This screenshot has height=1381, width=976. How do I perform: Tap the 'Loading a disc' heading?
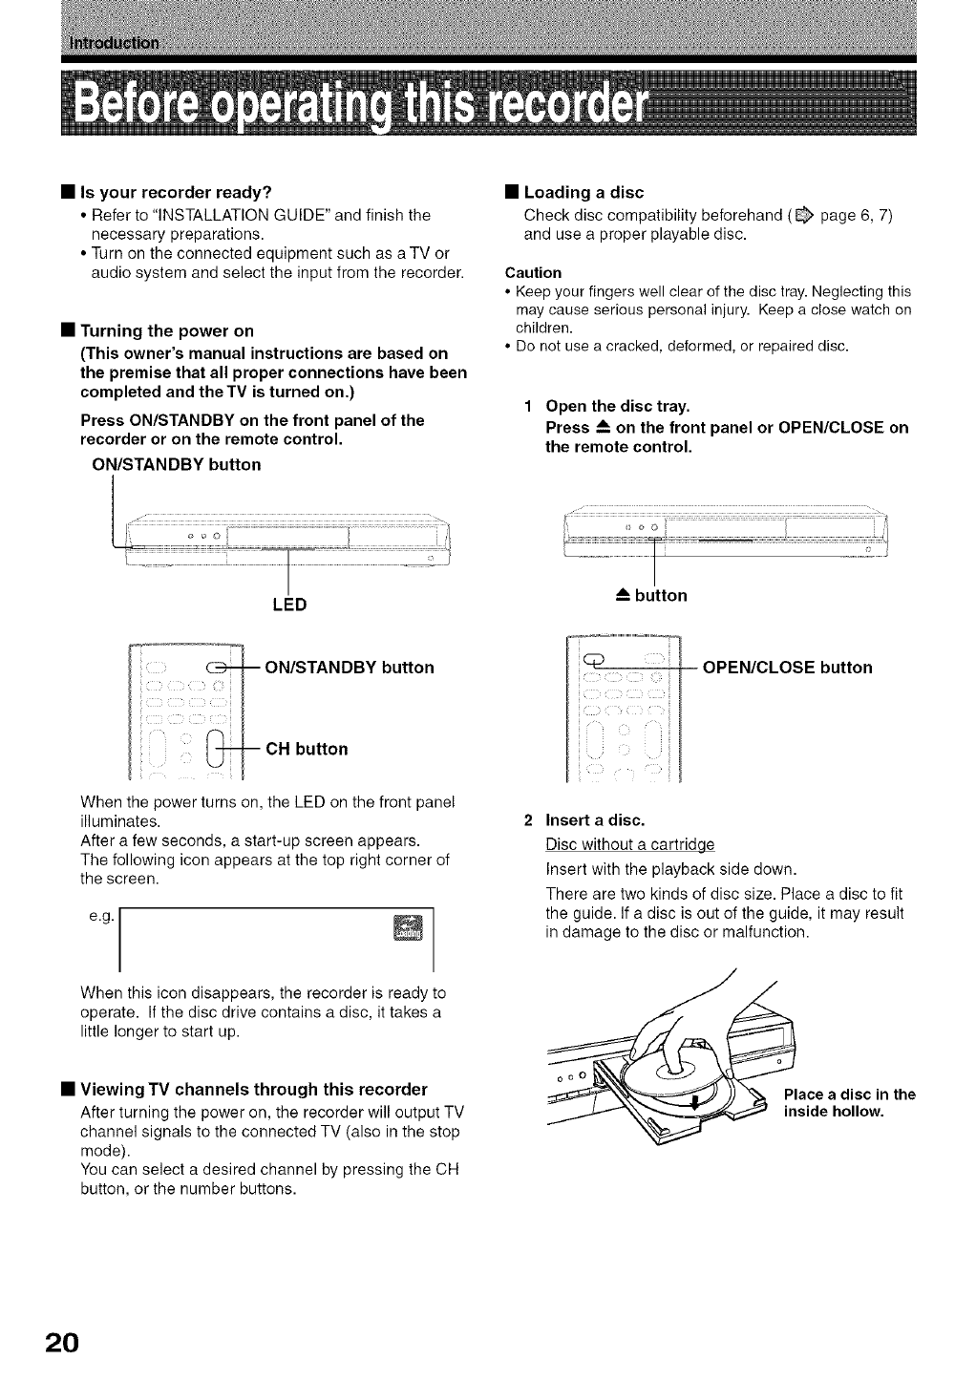[583, 192]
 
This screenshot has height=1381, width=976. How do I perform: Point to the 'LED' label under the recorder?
[287, 605]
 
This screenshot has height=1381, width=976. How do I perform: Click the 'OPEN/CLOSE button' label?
[787, 667]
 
